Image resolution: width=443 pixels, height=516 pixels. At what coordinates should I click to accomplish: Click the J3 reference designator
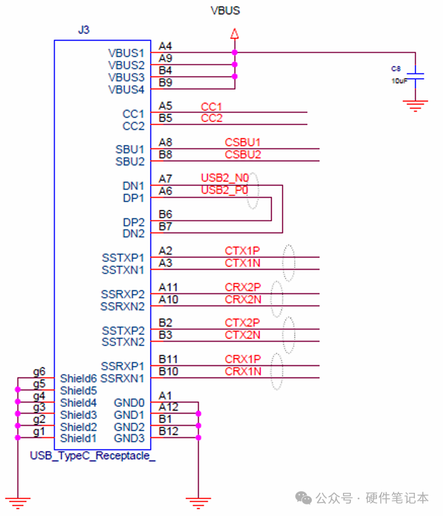click(x=84, y=30)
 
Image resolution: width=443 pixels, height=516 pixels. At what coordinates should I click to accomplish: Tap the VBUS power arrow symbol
click(x=234, y=34)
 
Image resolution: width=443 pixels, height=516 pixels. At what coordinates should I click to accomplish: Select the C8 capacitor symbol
click(x=415, y=76)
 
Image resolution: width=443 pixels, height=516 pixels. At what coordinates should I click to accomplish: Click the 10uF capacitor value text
click(x=399, y=81)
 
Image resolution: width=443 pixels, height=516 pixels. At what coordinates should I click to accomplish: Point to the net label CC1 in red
click(x=211, y=107)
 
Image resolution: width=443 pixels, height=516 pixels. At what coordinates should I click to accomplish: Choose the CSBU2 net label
click(x=243, y=155)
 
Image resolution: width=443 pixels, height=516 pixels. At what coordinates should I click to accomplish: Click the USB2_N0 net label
click(x=225, y=178)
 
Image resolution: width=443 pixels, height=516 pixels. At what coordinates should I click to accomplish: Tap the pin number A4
click(x=165, y=46)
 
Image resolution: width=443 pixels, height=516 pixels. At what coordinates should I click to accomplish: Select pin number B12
click(x=168, y=431)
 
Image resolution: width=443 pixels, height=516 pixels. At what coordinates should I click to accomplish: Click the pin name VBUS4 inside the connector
click(x=126, y=90)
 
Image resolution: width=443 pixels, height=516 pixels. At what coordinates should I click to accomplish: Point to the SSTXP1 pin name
click(x=123, y=257)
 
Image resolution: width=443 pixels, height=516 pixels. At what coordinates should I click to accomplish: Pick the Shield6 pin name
click(x=78, y=378)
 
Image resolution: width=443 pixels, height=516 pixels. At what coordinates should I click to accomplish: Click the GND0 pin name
click(x=129, y=403)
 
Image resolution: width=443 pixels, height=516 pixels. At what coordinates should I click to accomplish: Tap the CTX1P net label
click(x=242, y=251)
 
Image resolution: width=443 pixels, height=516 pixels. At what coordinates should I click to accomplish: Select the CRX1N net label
click(x=243, y=371)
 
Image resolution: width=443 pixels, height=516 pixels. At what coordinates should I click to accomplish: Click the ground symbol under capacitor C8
click(x=415, y=106)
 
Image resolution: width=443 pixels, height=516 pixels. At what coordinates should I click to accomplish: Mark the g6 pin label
click(x=39, y=372)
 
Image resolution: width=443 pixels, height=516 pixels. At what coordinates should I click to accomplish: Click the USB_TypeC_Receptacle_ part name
click(x=93, y=456)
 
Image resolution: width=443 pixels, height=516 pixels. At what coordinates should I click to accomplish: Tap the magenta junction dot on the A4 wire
click(x=234, y=52)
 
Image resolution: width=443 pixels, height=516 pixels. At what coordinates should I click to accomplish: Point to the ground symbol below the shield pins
click(x=18, y=503)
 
